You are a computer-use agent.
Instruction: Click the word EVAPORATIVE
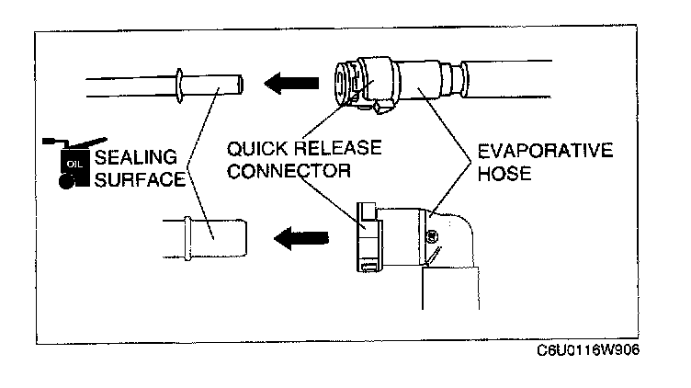pos(542,150)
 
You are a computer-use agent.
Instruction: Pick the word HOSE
pos(504,172)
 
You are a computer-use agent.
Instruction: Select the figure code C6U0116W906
pos(587,350)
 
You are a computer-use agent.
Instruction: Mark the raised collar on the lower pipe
pos(189,236)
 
